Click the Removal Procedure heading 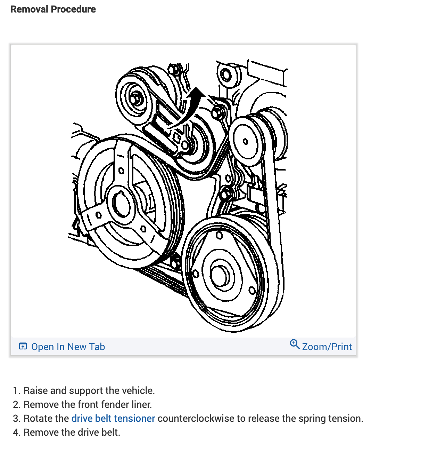(53, 9)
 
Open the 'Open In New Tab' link (68, 347)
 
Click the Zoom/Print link (327, 347)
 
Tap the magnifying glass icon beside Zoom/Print (295, 344)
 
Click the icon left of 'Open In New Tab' (23, 346)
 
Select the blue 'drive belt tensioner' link (113, 418)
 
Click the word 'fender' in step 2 (106, 404)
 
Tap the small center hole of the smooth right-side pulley (246, 141)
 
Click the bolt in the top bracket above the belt (225, 74)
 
